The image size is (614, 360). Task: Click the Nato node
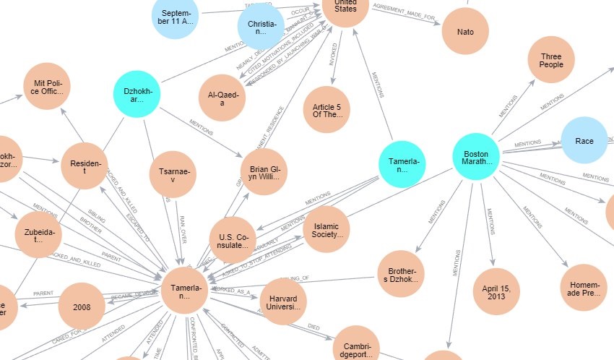(x=464, y=32)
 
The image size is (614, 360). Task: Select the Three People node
(x=551, y=59)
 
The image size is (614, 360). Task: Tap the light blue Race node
(x=584, y=140)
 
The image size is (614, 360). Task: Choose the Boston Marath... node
(x=476, y=157)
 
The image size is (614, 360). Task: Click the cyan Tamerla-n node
(x=402, y=164)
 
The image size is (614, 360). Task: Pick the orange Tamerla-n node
(x=185, y=290)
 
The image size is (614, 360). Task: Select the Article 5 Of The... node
(x=327, y=110)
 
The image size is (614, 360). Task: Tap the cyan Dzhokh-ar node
(x=137, y=95)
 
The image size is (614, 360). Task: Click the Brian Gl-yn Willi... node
(x=264, y=173)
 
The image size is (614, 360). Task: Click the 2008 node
(x=82, y=306)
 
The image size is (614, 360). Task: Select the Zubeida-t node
(x=38, y=235)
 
